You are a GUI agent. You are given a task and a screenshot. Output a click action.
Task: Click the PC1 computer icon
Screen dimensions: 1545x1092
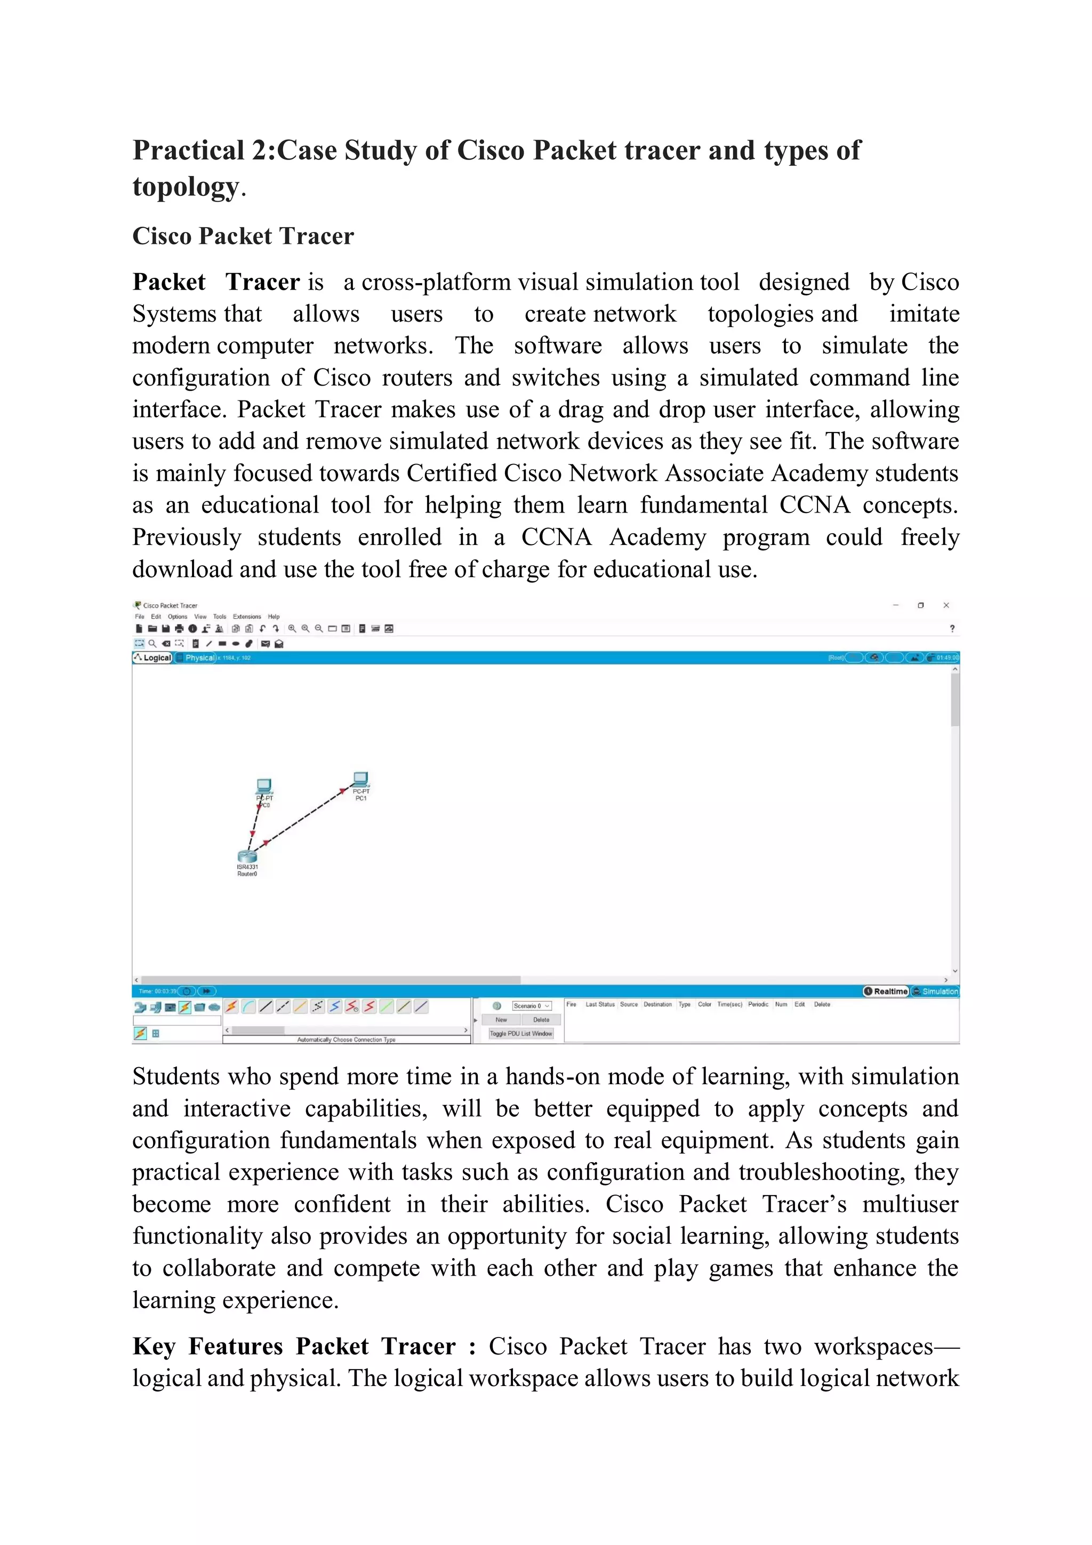(x=360, y=779)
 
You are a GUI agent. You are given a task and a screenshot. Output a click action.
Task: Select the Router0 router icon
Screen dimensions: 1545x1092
(x=247, y=856)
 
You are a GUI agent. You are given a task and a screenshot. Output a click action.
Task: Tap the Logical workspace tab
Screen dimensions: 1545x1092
(x=154, y=658)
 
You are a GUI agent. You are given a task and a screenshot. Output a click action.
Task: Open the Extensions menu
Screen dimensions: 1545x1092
(x=247, y=617)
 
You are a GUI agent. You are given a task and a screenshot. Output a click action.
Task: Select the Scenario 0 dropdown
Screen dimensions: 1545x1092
(x=531, y=1006)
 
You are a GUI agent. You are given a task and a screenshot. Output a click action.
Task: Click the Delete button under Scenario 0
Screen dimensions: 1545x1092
(x=541, y=1020)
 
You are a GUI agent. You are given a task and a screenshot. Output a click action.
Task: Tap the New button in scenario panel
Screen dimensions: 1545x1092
(x=501, y=1020)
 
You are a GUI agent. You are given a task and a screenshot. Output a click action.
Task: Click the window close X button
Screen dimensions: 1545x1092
(x=946, y=605)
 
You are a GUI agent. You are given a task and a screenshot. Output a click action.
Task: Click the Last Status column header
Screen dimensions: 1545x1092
(x=599, y=1005)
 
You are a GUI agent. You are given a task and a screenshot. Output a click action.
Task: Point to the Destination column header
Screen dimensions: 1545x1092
(x=657, y=1005)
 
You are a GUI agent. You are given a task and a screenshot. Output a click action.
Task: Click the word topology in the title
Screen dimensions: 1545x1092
(x=186, y=187)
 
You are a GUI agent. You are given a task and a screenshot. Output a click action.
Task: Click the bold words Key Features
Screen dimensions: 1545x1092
(x=208, y=1347)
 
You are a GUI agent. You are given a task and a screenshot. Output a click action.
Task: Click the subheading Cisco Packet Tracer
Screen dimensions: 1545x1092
(x=243, y=236)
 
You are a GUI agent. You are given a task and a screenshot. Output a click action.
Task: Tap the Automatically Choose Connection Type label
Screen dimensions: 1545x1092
(x=346, y=1039)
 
